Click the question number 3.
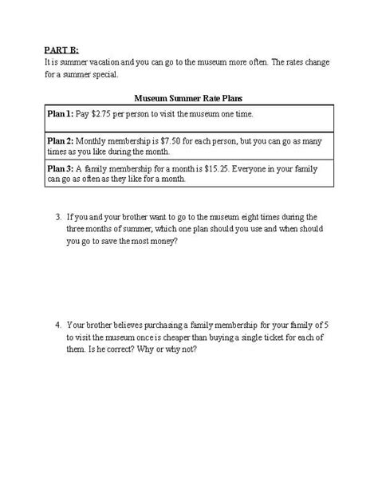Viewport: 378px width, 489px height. pyautogui.click(x=58, y=216)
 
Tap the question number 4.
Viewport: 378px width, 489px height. pyautogui.click(x=58, y=325)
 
